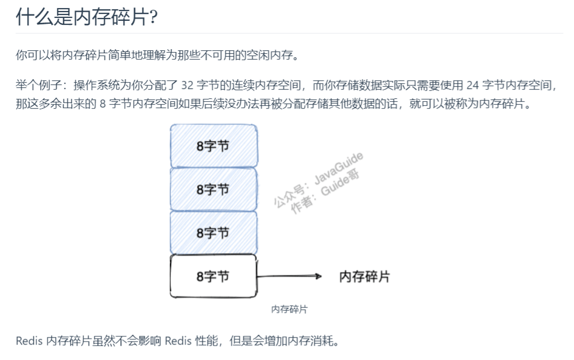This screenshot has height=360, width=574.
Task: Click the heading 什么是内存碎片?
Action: click(87, 17)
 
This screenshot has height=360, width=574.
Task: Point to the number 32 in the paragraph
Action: click(188, 86)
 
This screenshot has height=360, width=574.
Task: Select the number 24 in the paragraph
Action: click(472, 86)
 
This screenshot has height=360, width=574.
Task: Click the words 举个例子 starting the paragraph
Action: click(39, 86)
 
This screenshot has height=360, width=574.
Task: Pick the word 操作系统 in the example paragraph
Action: click(96, 86)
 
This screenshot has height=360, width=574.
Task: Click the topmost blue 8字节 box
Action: click(214, 146)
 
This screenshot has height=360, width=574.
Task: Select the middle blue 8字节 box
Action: click(214, 189)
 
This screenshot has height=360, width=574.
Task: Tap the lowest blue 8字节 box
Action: click(214, 232)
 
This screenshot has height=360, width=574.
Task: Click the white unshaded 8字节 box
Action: click(214, 276)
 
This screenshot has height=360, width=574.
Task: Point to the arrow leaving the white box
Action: click(289, 276)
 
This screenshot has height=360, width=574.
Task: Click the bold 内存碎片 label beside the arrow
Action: click(364, 276)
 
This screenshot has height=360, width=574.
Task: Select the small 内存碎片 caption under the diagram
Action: click(289, 310)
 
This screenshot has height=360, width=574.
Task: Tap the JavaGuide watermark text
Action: click(339, 168)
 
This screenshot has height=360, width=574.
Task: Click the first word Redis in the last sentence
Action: click(29, 341)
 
